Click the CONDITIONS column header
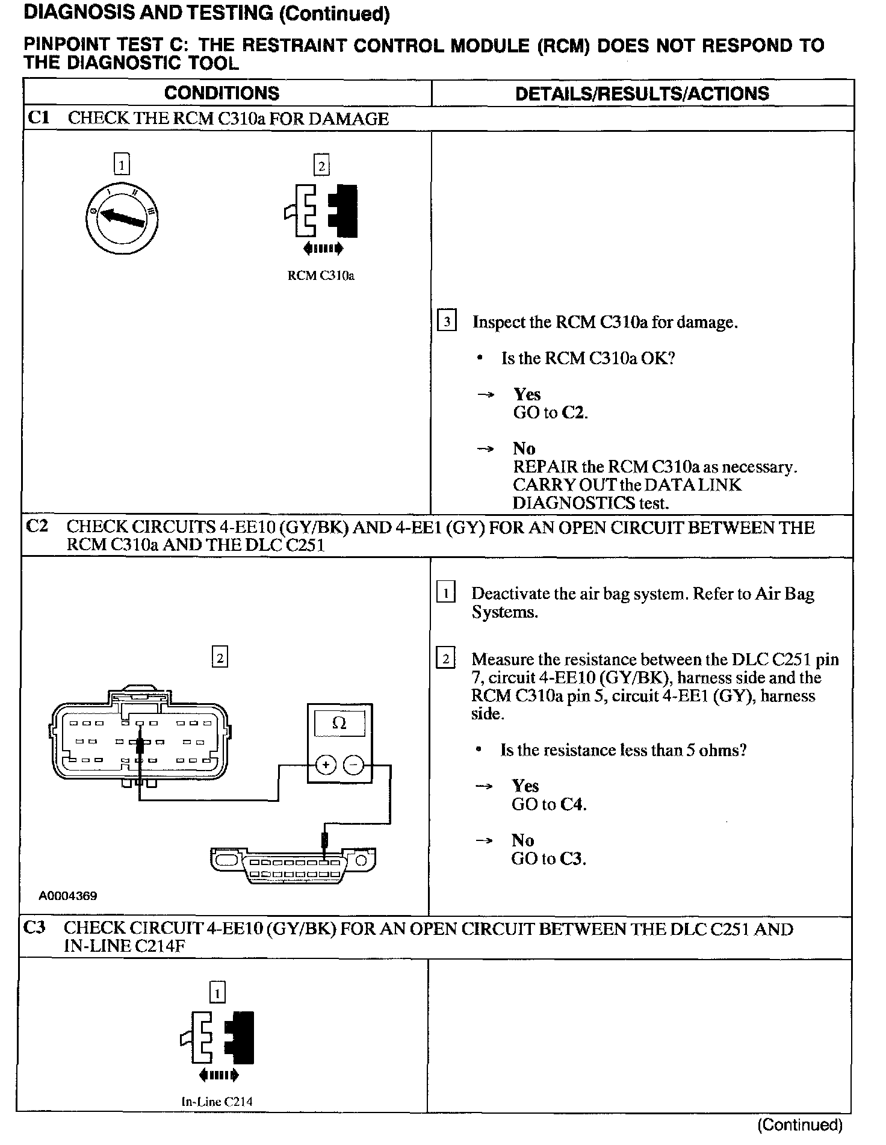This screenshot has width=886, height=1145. (x=221, y=93)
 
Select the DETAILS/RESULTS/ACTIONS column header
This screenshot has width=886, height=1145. (x=642, y=93)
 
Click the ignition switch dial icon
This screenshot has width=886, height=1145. (x=122, y=217)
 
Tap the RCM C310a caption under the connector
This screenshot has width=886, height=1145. (x=321, y=276)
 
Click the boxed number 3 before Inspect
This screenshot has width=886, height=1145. (x=446, y=321)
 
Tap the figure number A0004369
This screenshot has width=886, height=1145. (x=68, y=895)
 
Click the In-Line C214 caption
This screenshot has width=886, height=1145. (x=217, y=1102)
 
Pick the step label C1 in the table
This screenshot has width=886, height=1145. (x=39, y=118)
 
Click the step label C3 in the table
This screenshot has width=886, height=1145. (x=34, y=928)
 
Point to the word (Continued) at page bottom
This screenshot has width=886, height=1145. (x=799, y=1125)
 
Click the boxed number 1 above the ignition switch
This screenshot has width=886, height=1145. (x=122, y=164)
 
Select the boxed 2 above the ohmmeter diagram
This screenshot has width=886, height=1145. (x=220, y=657)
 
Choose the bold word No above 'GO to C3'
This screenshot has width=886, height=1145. (x=522, y=840)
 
